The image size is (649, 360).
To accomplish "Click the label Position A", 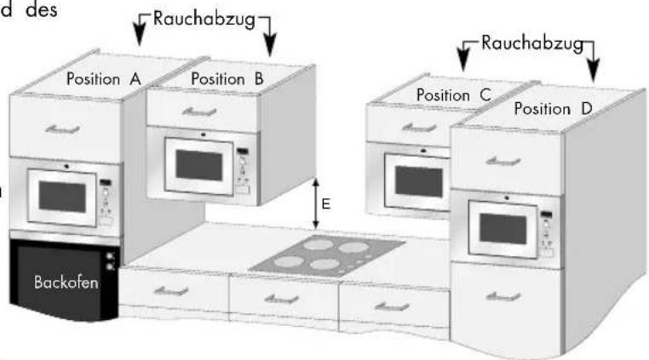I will [103, 79].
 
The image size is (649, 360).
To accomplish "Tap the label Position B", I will [227, 78].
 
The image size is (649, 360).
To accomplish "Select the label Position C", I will [454, 96].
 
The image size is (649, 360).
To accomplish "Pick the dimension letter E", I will [325, 204].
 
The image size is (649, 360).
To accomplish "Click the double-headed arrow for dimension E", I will [316, 203].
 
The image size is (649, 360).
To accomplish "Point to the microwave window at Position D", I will [507, 228].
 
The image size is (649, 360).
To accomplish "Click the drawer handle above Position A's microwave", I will [63, 128].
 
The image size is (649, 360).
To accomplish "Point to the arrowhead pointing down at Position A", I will [141, 38].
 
